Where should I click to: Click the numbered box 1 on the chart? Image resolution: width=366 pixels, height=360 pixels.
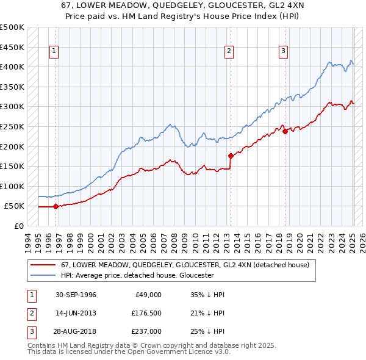[x=54, y=52]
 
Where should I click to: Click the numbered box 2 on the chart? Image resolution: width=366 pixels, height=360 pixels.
[x=229, y=52]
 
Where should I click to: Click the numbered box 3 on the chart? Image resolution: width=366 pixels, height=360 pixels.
[x=284, y=52]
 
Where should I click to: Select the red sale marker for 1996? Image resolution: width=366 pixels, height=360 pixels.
[x=56, y=206]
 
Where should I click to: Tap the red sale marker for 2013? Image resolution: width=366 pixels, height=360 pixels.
[x=231, y=156]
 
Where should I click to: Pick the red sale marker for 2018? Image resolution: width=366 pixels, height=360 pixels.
[x=285, y=131]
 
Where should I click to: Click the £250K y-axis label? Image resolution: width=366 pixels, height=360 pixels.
[x=12, y=126]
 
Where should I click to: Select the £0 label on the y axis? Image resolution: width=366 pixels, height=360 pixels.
[x=18, y=226]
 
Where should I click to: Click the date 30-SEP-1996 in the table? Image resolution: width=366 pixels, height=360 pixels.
[x=76, y=295]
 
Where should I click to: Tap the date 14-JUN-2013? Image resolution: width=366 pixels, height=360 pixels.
[x=76, y=313]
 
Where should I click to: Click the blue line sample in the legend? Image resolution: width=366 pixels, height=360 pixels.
[x=43, y=275]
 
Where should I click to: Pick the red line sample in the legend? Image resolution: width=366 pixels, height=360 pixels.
[x=43, y=265]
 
